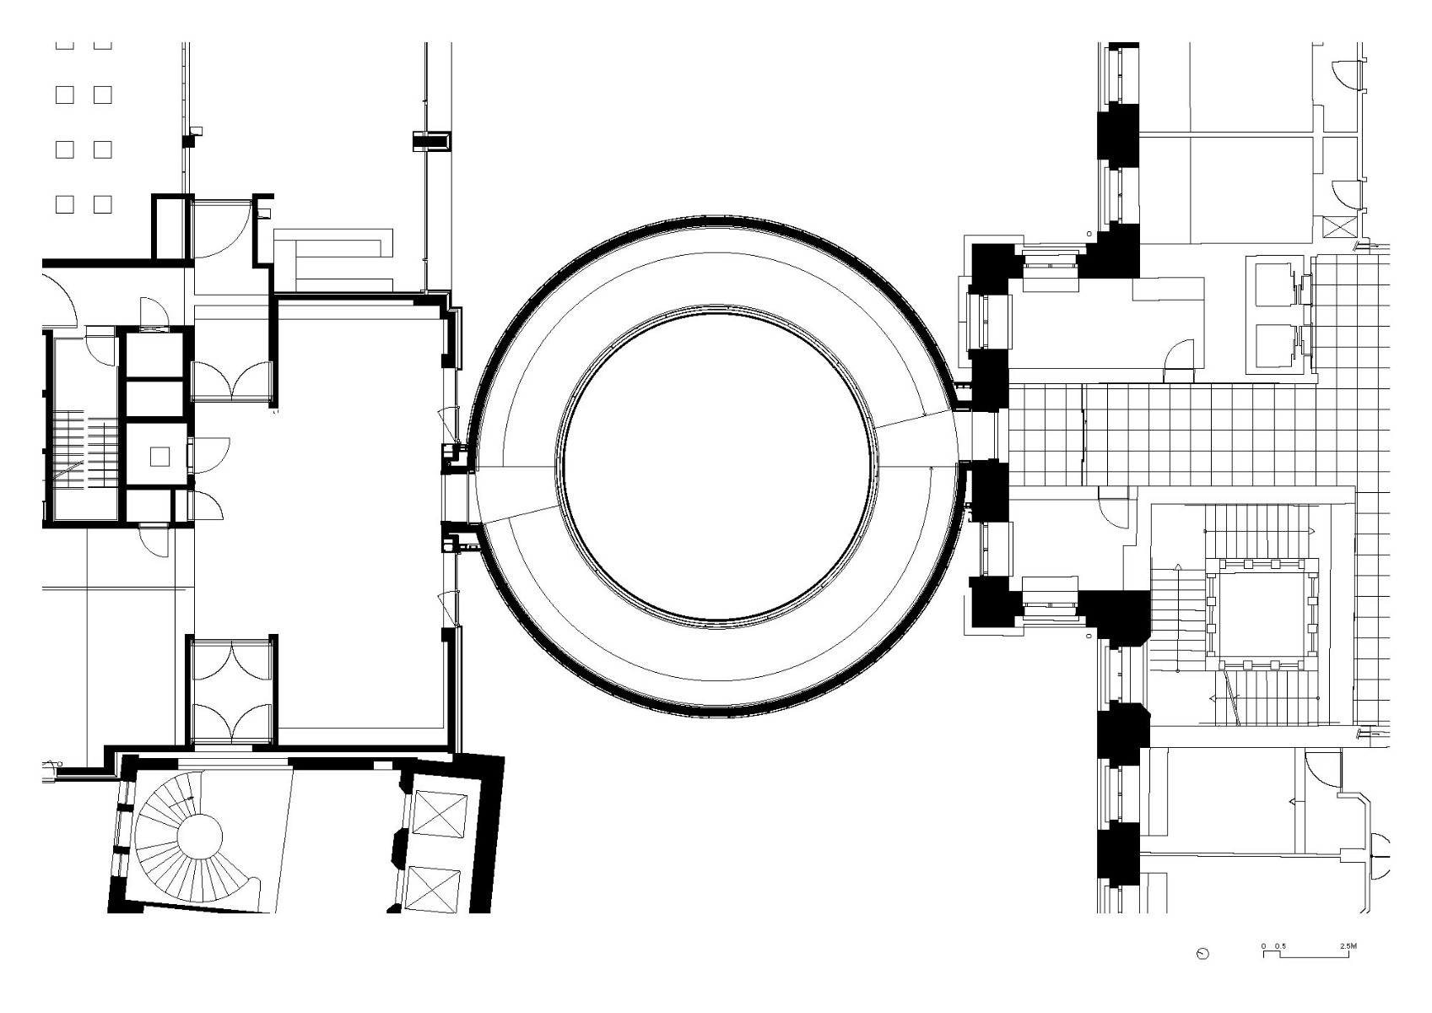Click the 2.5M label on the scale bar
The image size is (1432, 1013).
pos(1348,945)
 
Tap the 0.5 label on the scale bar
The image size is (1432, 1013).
pos(1280,945)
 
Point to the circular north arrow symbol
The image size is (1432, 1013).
pos(1202,954)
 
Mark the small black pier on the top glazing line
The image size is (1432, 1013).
pos(431,140)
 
